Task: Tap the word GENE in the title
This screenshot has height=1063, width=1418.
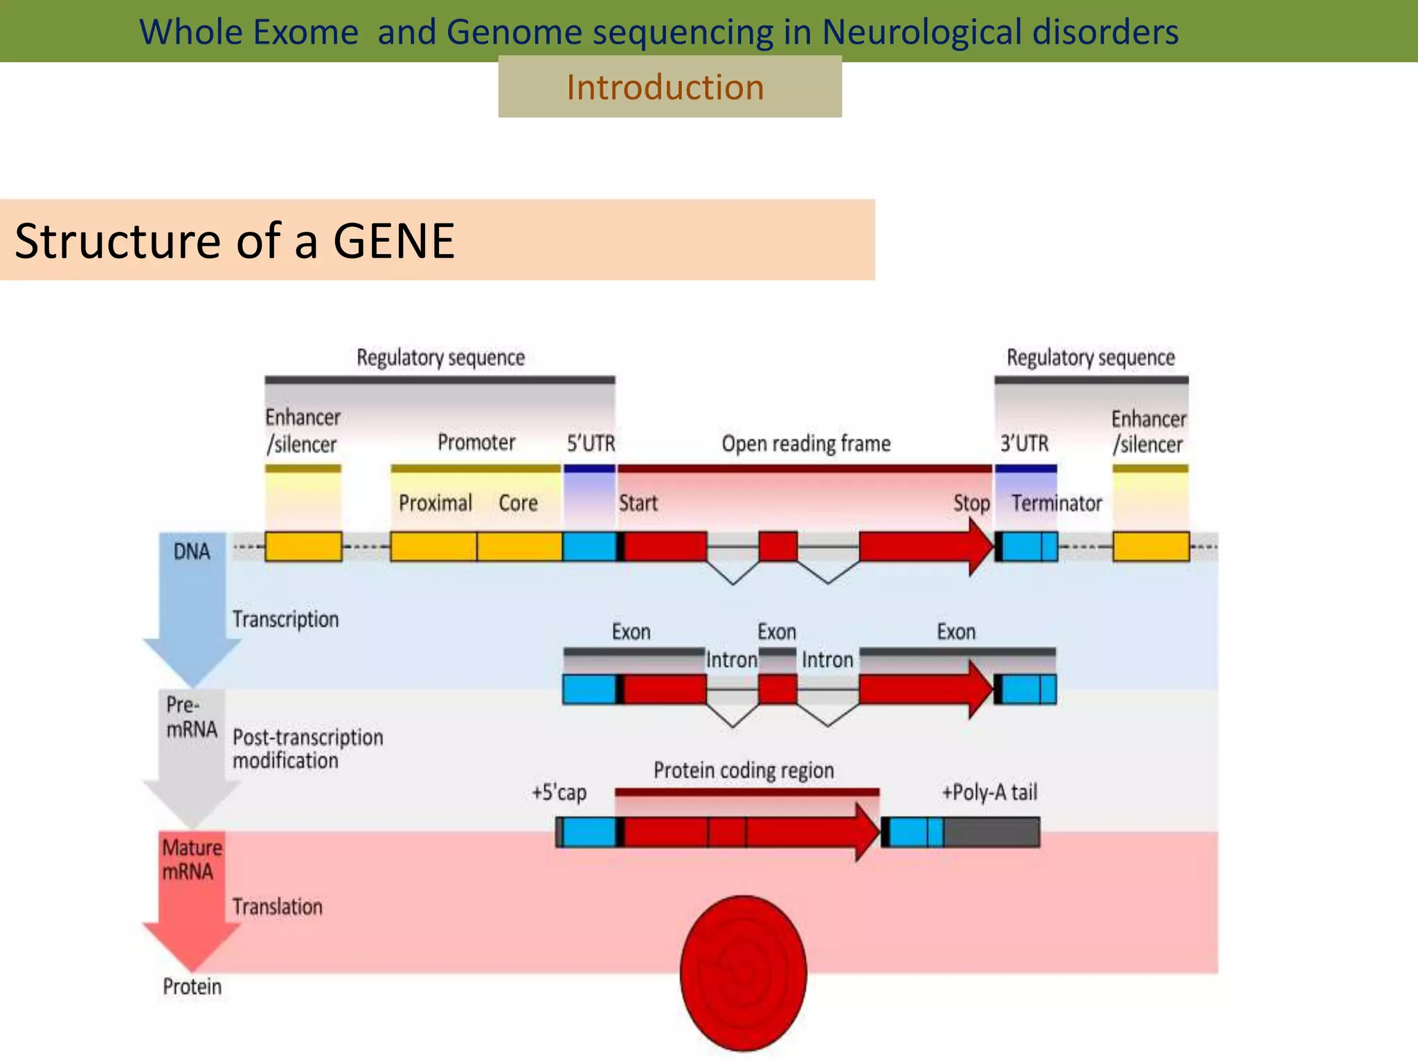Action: (393, 241)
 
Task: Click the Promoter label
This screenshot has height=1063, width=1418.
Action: (476, 442)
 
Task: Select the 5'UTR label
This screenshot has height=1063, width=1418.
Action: (591, 443)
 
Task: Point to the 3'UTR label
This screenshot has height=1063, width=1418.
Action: (1024, 443)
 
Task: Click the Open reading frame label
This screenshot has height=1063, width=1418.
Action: (806, 443)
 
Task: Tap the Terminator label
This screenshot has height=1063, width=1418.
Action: (1057, 503)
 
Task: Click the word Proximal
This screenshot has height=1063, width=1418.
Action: (435, 503)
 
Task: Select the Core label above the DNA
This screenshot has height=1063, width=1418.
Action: (518, 503)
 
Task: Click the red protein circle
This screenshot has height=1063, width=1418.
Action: (743, 972)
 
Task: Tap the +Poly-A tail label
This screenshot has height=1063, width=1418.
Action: (989, 792)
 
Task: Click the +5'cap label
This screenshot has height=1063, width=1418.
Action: (559, 792)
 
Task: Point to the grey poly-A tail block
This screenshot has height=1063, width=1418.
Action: (991, 832)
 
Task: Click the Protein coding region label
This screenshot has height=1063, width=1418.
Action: (744, 770)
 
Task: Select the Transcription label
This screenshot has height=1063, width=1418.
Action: (285, 619)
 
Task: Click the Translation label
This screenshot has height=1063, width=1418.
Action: (277, 907)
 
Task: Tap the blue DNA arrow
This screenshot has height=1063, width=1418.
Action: (192, 602)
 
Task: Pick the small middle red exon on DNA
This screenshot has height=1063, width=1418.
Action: (778, 547)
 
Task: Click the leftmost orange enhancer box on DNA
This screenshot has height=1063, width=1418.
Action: (303, 547)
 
